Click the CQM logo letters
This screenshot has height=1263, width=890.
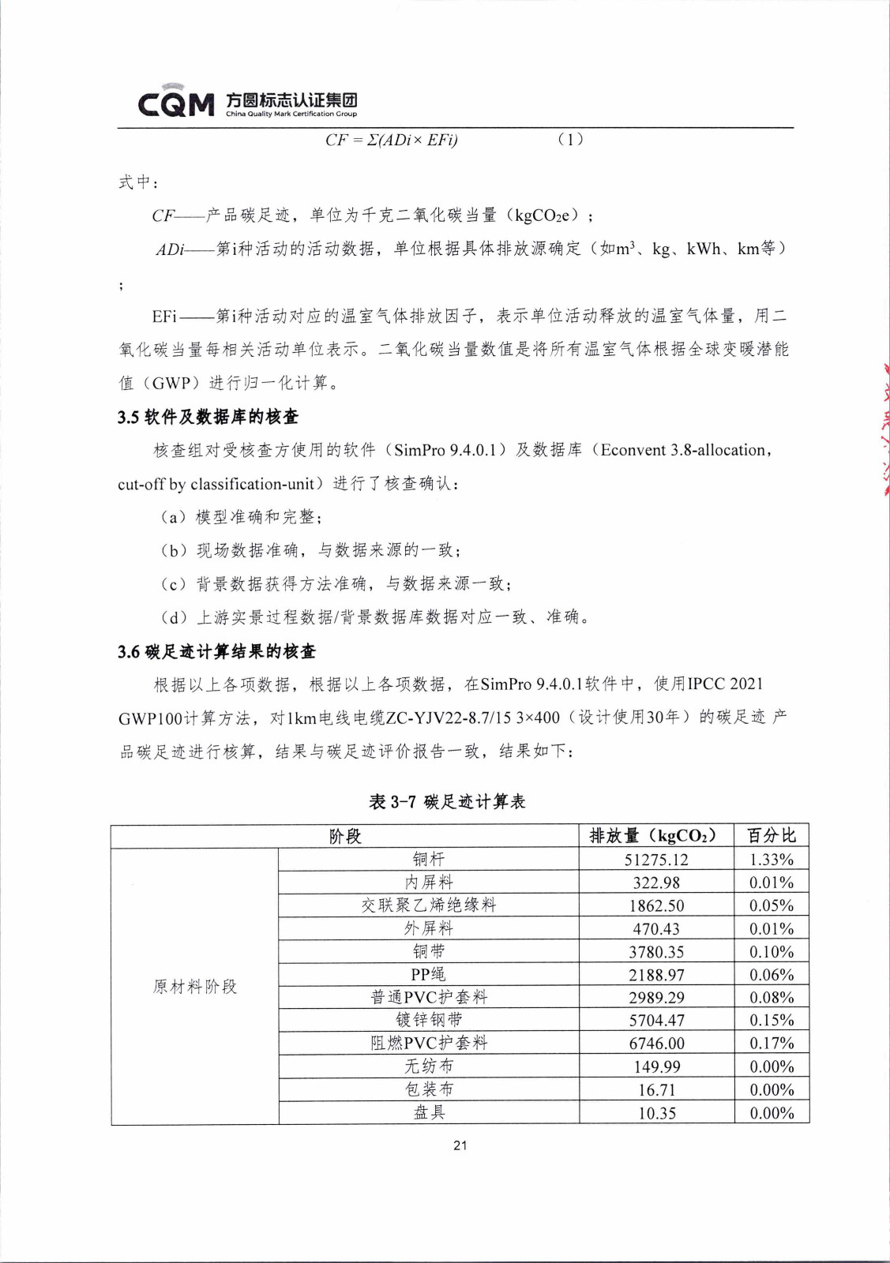pyautogui.click(x=175, y=103)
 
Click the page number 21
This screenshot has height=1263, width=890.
pyautogui.click(x=460, y=1145)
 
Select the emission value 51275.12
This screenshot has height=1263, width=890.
pyautogui.click(x=656, y=860)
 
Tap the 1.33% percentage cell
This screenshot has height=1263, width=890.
pyautogui.click(x=772, y=860)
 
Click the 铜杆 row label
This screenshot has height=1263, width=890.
pyautogui.click(x=429, y=859)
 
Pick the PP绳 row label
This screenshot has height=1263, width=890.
pyautogui.click(x=429, y=974)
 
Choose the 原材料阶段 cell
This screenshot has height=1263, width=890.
pyautogui.click(x=195, y=986)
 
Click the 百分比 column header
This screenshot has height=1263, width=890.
pyautogui.click(x=772, y=836)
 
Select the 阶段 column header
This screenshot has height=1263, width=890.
pyautogui.click(x=345, y=836)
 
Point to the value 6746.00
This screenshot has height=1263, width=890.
pyautogui.click(x=656, y=1044)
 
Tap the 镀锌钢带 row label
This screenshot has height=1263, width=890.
pyautogui.click(x=429, y=1020)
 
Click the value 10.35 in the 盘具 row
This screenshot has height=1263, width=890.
pyautogui.click(x=656, y=1113)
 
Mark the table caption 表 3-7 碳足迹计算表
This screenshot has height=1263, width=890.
pyautogui.click(x=447, y=802)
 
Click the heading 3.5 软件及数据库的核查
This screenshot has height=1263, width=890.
pyautogui.click(x=208, y=417)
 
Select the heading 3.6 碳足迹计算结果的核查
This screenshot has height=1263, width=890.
pyautogui.click(x=216, y=651)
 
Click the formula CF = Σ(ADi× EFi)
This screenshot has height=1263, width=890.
pyautogui.click(x=391, y=140)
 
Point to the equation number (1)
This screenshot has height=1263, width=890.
pyautogui.click(x=570, y=140)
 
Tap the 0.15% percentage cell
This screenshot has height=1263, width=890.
pyautogui.click(x=772, y=1021)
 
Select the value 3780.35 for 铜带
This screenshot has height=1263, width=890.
pyautogui.click(x=656, y=952)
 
